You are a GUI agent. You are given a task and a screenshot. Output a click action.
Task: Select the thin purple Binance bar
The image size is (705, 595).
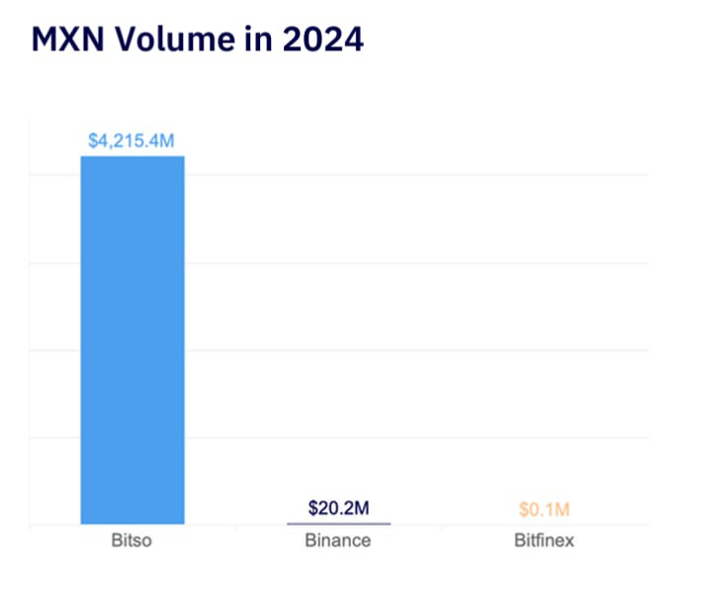pyautogui.click(x=338, y=523)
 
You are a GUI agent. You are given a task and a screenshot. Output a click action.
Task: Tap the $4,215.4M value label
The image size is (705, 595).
pyautogui.click(x=132, y=141)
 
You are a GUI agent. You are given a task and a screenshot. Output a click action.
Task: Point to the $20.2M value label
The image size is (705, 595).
pyautogui.click(x=338, y=509)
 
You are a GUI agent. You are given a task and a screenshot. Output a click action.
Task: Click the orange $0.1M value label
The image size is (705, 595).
pyautogui.click(x=544, y=510)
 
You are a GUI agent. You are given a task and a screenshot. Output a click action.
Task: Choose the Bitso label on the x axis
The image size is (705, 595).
pyautogui.click(x=132, y=542)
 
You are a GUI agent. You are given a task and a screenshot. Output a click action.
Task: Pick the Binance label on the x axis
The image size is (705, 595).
pyautogui.click(x=338, y=542)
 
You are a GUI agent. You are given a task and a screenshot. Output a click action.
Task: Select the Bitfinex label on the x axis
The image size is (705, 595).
pyautogui.click(x=544, y=542)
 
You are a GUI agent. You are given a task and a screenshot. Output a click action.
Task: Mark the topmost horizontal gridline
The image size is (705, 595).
pyautogui.click(x=415, y=175)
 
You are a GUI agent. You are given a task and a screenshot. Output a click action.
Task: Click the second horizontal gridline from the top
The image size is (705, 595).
pyautogui.click(x=415, y=263)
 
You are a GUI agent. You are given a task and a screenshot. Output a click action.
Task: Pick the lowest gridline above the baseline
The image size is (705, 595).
pyautogui.click(x=415, y=437)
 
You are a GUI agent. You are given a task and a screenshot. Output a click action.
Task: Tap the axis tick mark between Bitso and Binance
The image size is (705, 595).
pyautogui.click(x=235, y=529)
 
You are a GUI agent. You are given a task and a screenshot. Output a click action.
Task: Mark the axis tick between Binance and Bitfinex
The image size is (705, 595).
pyautogui.click(x=441, y=529)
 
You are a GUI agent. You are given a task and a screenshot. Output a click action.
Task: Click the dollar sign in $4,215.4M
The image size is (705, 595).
pyautogui.click(x=93, y=141)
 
